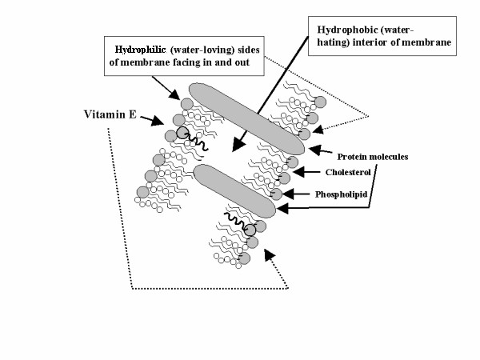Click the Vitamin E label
coord(111,114)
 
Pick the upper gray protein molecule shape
coord(246,118)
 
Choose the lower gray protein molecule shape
coord(235,190)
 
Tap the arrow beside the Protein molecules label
coord(318,150)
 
